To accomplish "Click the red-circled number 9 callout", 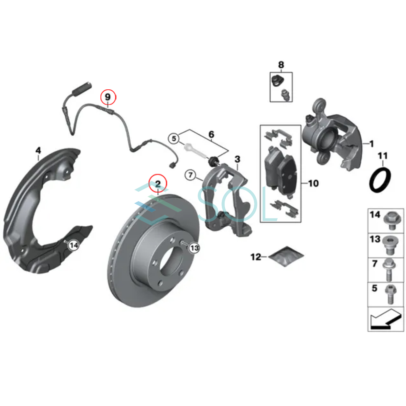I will click(x=108, y=97).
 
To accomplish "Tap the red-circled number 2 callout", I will click(x=158, y=184).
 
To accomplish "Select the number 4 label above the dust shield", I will click(x=38, y=151).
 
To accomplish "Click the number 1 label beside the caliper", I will click(x=371, y=144).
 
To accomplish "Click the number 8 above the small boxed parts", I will click(x=281, y=65).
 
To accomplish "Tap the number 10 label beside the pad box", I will click(x=313, y=183).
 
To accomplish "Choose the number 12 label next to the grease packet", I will click(x=256, y=257).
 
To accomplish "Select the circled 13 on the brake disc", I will click(x=194, y=248).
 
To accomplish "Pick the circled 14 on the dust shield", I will click(x=73, y=245).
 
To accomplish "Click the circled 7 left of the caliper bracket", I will click(x=190, y=175).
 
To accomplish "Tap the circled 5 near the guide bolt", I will click(x=174, y=138).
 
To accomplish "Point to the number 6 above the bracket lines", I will click(x=211, y=135).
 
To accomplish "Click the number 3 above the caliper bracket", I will click(x=238, y=159).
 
